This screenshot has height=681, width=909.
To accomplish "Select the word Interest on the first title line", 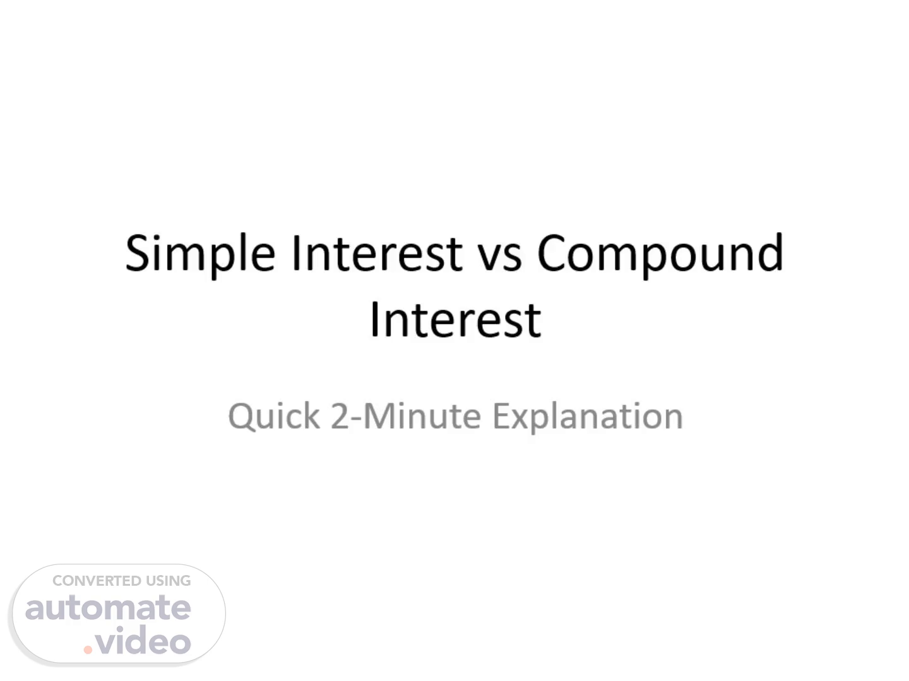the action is [377, 252].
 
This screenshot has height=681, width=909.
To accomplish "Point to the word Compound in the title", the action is [660, 252].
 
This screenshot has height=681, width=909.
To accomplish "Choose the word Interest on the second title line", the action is [456, 319].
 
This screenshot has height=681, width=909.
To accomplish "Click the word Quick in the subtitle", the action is [274, 416].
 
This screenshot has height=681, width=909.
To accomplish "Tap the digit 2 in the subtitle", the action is [340, 416].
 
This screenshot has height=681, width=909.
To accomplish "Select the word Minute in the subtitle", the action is [422, 416].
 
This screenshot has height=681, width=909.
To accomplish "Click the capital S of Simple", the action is [138, 253].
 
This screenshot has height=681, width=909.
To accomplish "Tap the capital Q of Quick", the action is [241, 417].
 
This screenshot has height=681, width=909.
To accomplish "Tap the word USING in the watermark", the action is [169, 581].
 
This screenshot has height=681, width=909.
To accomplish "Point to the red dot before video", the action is [88, 650].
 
